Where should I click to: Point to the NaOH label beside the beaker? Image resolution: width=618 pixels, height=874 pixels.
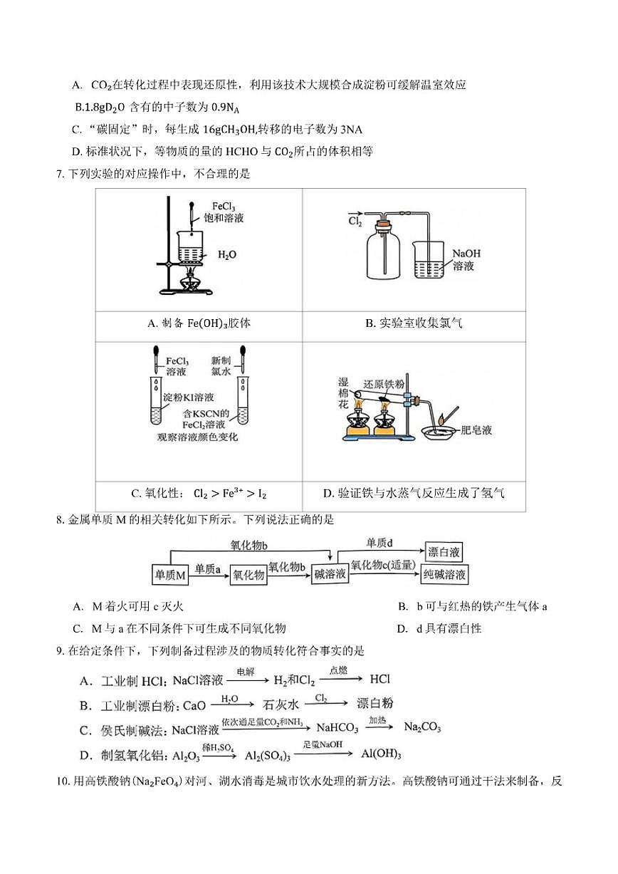click(466, 253)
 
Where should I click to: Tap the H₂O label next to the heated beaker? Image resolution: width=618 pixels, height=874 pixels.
click(227, 254)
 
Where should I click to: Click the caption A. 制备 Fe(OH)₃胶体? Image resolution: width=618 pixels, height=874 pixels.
click(199, 323)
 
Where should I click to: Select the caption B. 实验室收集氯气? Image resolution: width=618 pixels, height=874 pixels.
click(414, 323)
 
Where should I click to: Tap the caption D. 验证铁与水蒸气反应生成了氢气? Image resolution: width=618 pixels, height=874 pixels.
click(414, 493)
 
